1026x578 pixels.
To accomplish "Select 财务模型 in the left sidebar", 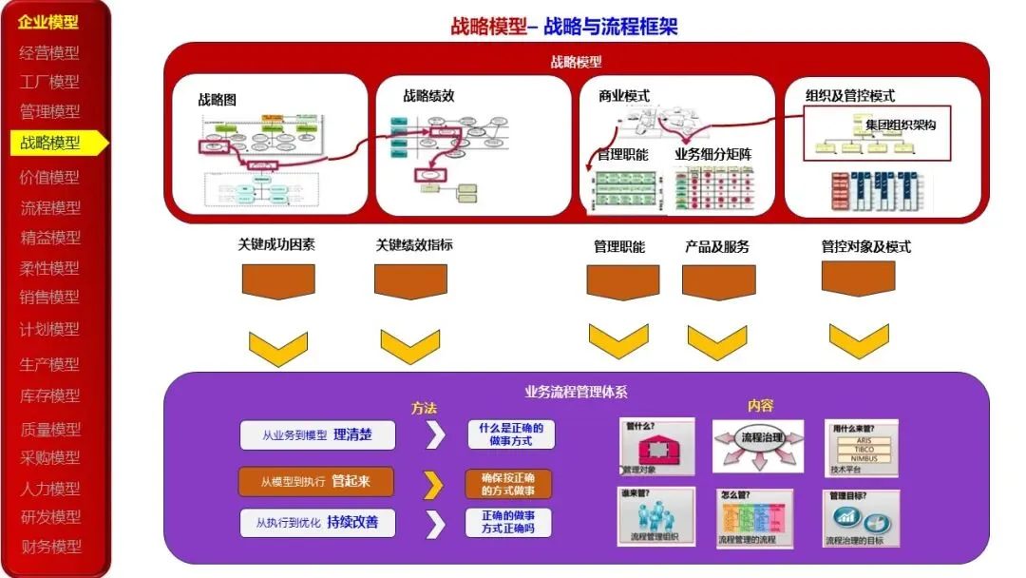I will coord(51,547).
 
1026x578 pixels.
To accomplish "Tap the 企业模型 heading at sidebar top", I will coord(48,22).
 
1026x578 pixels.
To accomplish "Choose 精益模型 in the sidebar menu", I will coord(51,238).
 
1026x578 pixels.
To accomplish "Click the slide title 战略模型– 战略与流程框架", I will coord(564,27).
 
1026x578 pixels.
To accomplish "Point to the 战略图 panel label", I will coord(217,99).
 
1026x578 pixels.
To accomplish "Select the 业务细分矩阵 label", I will coord(712,154).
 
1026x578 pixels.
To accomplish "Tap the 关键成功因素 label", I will coord(276,244).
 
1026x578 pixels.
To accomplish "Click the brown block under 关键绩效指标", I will coord(410,281).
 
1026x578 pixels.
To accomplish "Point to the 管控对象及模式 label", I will coord(865,246).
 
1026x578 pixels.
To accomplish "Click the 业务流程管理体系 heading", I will coord(576,391).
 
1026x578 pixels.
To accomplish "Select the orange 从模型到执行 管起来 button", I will coord(316,482).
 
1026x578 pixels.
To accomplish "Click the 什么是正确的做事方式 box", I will coord(512,434).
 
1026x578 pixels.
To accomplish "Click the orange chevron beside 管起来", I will coord(433,484).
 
